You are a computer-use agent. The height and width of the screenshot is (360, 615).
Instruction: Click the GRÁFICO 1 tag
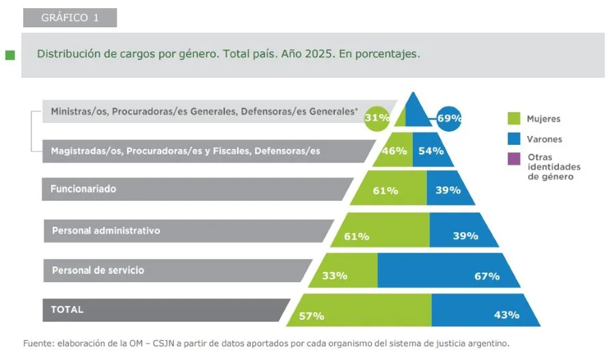click(69, 18)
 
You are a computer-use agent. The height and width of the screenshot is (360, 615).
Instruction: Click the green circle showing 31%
click(377, 117)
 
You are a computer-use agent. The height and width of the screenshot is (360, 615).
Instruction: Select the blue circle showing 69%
click(449, 117)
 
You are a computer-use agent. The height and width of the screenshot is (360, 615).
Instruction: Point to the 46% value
click(394, 151)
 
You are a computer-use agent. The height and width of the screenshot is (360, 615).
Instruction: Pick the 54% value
click(431, 151)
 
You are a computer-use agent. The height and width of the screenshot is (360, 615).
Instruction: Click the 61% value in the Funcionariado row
click(385, 191)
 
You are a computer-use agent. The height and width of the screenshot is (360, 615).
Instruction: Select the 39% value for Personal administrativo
click(466, 236)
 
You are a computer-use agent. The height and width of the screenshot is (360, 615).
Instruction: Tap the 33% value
click(335, 276)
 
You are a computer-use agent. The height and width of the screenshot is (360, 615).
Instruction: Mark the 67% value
click(487, 276)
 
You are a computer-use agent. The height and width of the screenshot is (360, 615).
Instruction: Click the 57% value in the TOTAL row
click(311, 316)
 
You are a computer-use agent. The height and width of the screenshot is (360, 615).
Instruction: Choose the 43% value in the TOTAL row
click(506, 315)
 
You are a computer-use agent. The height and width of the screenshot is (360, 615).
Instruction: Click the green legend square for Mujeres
click(514, 118)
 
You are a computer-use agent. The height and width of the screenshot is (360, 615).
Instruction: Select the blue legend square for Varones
click(514, 139)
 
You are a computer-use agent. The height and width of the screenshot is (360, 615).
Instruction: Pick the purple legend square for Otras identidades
click(514, 158)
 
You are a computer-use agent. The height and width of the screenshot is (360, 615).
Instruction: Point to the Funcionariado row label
click(83, 189)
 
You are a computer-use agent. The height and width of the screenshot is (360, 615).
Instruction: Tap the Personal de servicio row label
click(98, 270)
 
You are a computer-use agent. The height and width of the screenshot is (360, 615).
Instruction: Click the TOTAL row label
click(67, 309)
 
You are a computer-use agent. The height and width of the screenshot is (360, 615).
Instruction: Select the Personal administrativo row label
click(106, 230)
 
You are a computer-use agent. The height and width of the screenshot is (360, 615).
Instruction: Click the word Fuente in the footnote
click(38, 343)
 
